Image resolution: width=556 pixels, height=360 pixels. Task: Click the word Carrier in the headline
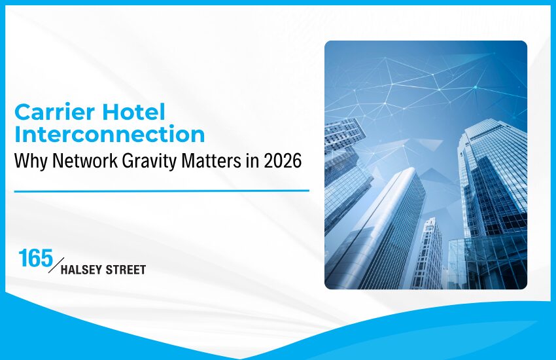coord(55,113)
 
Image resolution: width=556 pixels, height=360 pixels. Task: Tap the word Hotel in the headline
coord(135,113)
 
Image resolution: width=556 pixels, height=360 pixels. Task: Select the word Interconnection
coord(109,134)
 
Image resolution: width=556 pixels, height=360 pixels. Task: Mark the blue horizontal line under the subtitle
coord(161,190)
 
